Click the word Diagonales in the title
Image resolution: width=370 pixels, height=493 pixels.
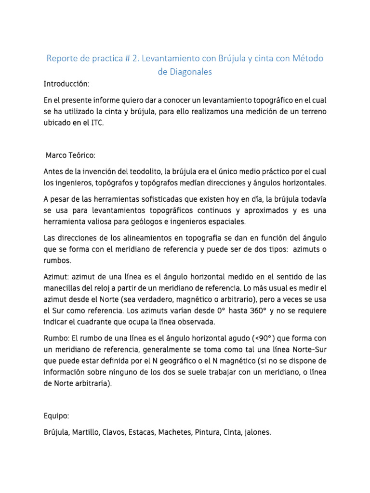(x=191, y=72)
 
